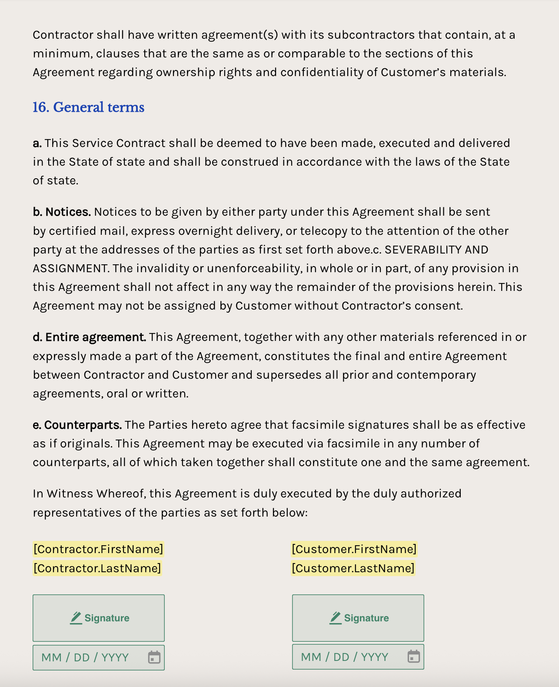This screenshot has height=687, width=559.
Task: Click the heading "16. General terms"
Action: point(88,107)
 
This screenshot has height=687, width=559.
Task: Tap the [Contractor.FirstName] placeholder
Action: point(98,549)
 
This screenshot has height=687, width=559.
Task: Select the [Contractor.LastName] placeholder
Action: point(97,568)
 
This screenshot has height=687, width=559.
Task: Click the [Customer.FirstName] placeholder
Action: point(354,549)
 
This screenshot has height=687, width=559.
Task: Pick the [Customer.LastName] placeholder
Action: point(353,568)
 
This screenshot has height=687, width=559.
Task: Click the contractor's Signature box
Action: point(99,618)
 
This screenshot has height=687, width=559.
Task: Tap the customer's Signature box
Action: point(358,618)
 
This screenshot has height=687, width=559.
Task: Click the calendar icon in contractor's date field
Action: point(154,657)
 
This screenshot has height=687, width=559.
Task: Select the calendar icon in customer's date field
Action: point(413,657)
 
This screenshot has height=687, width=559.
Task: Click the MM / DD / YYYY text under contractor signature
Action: point(85,657)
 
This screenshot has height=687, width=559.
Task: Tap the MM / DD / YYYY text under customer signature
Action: point(345,657)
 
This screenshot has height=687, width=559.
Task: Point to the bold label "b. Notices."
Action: point(62,212)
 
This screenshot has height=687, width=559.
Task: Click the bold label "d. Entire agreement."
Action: point(90,337)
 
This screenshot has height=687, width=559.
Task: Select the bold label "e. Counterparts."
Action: point(77,425)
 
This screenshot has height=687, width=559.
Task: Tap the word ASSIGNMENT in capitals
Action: point(70,269)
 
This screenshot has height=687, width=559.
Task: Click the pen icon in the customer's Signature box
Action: point(335,618)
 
